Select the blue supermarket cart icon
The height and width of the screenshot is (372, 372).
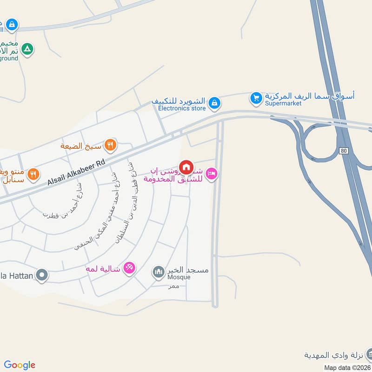click(x=255, y=98)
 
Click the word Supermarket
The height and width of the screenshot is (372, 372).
click(x=283, y=103)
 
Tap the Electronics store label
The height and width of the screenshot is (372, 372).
click(x=182, y=108)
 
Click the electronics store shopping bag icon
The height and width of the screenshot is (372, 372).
click(x=214, y=103)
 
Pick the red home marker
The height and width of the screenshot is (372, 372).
click(x=186, y=166)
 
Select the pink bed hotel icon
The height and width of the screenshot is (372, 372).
click(x=212, y=174)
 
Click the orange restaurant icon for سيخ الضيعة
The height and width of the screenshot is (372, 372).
click(x=110, y=145)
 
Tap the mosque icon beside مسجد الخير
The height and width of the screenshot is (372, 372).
click(x=159, y=271)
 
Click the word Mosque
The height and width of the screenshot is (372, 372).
click(x=179, y=277)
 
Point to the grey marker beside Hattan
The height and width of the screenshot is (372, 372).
click(x=42, y=276)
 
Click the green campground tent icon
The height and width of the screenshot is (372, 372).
click(x=28, y=49)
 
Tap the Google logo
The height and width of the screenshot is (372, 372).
click(x=20, y=365)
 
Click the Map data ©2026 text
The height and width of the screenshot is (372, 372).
click(x=346, y=367)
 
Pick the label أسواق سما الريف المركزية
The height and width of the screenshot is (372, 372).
click(x=310, y=96)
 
